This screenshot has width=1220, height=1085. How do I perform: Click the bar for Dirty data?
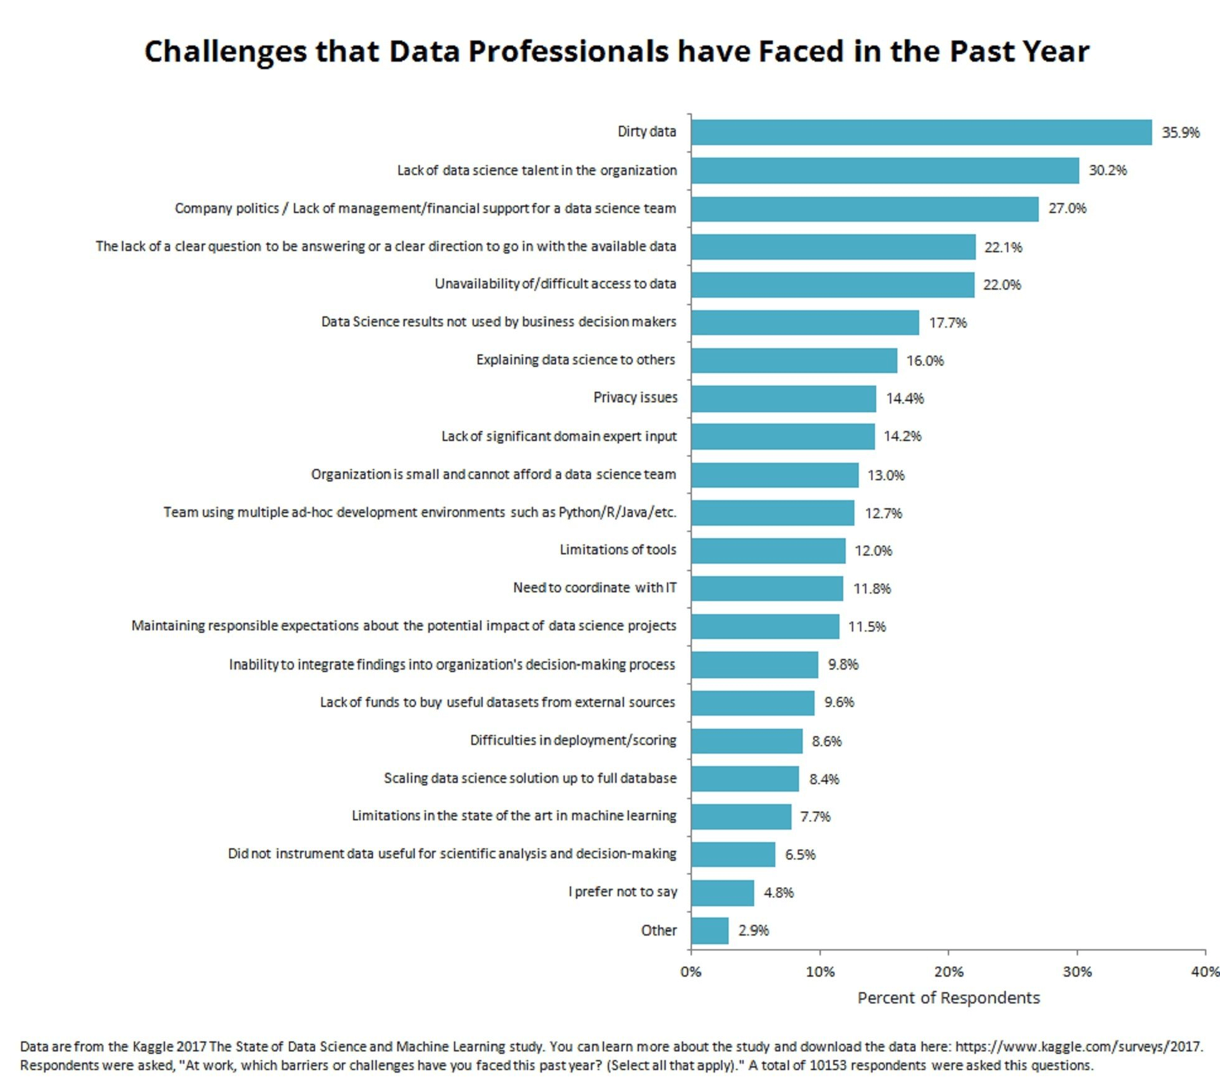tap(921, 133)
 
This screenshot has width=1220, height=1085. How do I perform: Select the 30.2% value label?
tap(1107, 171)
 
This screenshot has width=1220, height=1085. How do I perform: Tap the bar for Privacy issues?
tap(783, 399)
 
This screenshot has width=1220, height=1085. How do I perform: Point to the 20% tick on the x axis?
tap(948, 972)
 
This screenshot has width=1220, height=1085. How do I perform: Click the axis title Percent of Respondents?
tap(948, 998)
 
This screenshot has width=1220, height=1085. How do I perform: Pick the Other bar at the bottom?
tap(709, 931)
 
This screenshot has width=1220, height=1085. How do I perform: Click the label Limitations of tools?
tap(617, 550)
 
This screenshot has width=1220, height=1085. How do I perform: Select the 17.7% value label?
tap(947, 323)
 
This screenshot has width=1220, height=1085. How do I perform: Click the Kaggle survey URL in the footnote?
tap(1078, 1046)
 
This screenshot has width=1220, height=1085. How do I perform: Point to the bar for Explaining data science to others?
tap(793, 361)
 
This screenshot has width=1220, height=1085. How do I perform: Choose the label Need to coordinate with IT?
tap(594, 588)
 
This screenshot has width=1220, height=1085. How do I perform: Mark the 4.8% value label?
tap(778, 893)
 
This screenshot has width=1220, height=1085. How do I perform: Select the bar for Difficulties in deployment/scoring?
tap(746, 741)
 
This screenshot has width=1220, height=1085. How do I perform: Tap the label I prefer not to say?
tap(622, 892)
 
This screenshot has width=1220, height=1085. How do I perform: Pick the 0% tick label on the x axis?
tap(691, 972)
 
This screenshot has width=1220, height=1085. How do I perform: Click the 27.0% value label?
tap(1067, 209)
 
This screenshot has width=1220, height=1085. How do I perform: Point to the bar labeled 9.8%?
tap(754, 665)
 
